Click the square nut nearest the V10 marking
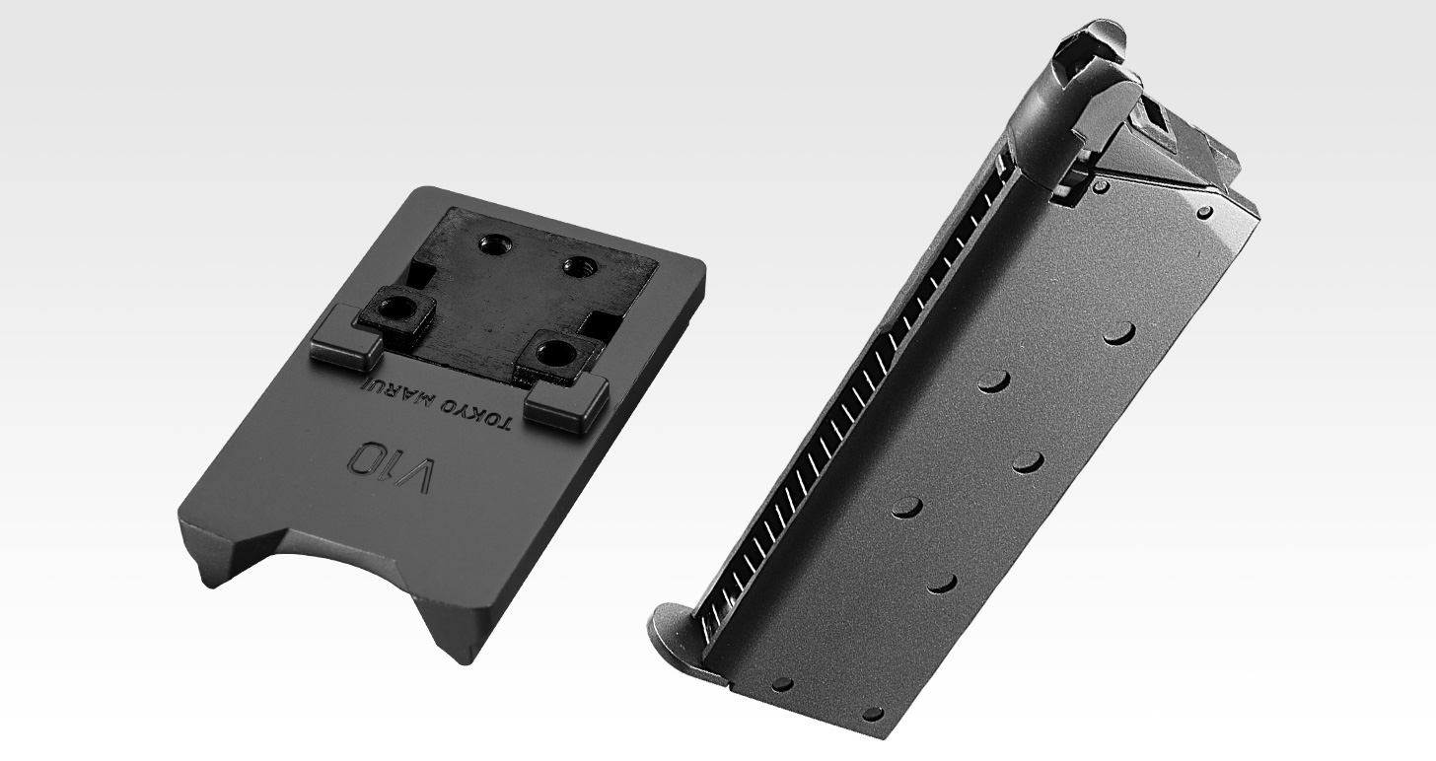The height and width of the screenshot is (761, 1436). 560,356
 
